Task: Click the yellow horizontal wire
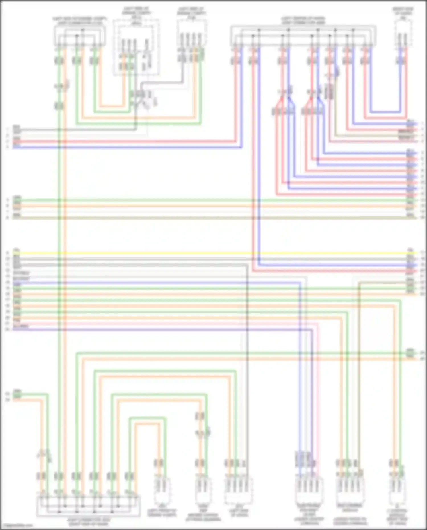(199, 253)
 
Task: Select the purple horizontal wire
(171, 330)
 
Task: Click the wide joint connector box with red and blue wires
(303, 36)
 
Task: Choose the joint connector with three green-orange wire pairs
(80, 36)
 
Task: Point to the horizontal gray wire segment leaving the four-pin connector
(162, 83)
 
